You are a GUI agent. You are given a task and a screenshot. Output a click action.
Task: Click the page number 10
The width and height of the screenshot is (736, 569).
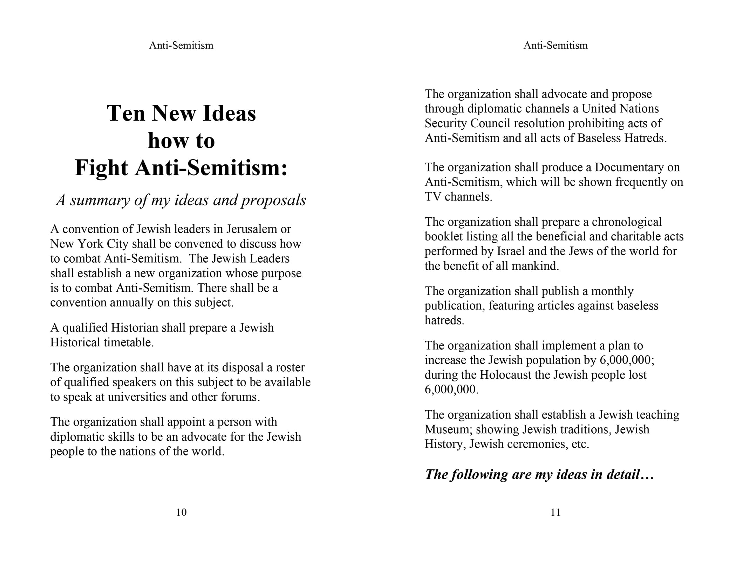(181, 512)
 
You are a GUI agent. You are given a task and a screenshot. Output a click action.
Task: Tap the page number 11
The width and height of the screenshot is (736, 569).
(556, 512)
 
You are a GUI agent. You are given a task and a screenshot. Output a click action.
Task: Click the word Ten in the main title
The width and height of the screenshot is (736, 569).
(126, 113)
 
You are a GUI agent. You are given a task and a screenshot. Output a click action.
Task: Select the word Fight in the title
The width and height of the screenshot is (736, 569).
(101, 168)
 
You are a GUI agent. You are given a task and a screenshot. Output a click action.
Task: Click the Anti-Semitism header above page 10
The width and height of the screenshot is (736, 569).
(181, 45)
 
